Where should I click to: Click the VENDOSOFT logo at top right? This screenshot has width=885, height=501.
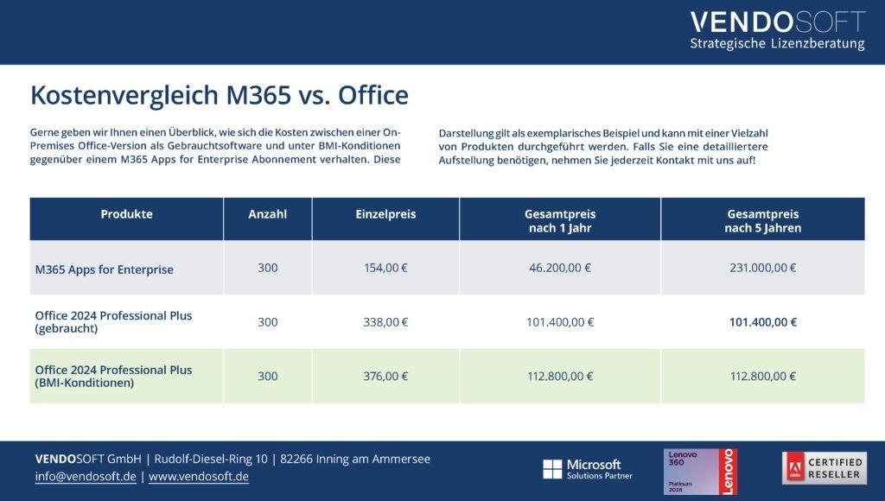[x=777, y=30]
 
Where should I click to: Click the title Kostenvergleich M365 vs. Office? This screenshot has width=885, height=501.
[x=219, y=95]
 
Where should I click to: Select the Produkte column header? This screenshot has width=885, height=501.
[x=126, y=214]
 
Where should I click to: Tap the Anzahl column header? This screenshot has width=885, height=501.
[x=267, y=214]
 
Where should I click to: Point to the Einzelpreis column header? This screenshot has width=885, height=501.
[x=385, y=214]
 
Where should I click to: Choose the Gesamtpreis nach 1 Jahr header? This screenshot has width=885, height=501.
[x=560, y=221]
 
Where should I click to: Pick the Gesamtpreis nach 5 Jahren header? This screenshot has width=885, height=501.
[x=762, y=221]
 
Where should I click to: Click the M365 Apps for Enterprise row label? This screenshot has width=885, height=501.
[x=104, y=270]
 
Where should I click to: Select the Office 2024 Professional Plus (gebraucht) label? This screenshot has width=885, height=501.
[x=113, y=322]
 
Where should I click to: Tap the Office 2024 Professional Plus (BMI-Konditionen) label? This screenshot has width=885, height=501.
[x=113, y=376]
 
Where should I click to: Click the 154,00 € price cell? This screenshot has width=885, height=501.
[x=385, y=269]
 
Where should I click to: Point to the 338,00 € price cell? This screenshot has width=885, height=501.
[x=385, y=322]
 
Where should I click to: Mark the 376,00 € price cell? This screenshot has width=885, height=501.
[x=385, y=376]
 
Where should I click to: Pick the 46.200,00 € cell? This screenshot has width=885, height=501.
[x=560, y=269]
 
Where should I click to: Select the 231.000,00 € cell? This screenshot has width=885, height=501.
[x=762, y=269]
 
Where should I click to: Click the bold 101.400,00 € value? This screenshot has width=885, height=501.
[x=762, y=322]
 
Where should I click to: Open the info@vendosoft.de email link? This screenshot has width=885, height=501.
[x=86, y=477]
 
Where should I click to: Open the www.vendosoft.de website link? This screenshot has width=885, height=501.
[x=199, y=477]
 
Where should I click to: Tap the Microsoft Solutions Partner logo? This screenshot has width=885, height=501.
[x=587, y=470]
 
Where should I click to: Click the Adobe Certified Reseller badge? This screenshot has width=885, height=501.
[x=824, y=468]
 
